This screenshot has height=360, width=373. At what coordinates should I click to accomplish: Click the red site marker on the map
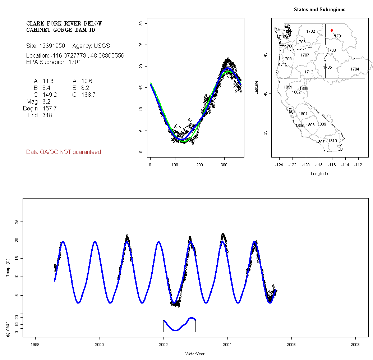332,31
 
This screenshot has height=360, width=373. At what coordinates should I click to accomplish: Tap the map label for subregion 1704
355,69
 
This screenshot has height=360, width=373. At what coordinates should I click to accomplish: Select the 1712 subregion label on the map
309,72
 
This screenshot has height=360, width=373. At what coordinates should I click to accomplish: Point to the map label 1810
332,141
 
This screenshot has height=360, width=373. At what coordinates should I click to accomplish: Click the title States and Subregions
319,10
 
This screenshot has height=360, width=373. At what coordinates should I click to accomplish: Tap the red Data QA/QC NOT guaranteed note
64,152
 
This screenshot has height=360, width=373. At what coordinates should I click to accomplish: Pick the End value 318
47,115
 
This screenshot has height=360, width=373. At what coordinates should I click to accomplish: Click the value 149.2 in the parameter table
50,95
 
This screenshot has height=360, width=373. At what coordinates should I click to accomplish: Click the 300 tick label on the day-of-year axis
224,164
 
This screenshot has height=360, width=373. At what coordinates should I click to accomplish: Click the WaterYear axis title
195,354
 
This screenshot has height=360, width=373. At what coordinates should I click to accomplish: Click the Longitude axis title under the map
319,174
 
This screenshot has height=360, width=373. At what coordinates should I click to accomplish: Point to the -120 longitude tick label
306,164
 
